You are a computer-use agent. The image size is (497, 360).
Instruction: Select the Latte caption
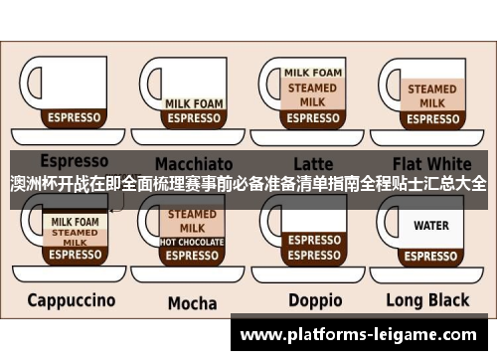coord(314,162)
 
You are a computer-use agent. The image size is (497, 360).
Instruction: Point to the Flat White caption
coord(432,162)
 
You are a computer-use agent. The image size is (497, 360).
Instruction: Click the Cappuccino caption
coord(71,299)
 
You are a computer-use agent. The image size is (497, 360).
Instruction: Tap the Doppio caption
coord(315,300)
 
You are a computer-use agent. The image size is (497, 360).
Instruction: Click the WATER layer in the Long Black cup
coord(431,226)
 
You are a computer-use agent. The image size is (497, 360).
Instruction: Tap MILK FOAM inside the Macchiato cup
coord(193,102)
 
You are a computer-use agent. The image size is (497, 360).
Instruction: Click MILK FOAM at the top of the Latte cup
coord(313,73)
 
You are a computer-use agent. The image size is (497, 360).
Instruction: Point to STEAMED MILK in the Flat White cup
coord(432,95)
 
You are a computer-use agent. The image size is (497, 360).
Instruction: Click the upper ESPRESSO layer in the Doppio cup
coord(314,240)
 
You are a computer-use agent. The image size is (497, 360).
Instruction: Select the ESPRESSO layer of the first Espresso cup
coord(75,117)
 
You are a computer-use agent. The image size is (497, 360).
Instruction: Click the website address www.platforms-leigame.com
coord(365,336)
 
